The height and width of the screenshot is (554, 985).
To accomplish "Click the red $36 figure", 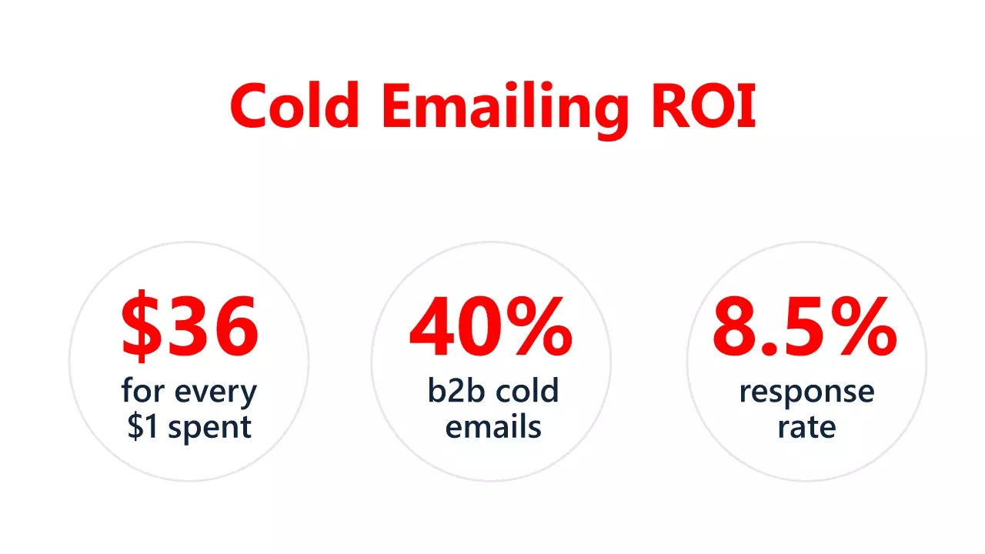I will pyautogui.click(x=189, y=328).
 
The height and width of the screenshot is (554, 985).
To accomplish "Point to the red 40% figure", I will pyautogui.click(x=491, y=328).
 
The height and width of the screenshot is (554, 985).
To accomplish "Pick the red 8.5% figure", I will pyautogui.click(x=805, y=328).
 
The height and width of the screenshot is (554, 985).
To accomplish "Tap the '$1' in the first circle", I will pyautogui.click(x=143, y=426).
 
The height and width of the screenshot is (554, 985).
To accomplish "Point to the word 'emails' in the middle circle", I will pyautogui.click(x=492, y=426).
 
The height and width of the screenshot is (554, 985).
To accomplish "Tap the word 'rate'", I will pyautogui.click(x=806, y=427).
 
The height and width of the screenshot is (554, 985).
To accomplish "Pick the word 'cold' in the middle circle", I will pyautogui.click(x=526, y=391).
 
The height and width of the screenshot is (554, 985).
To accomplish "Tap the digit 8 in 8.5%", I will pyautogui.click(x=735, y=328).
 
